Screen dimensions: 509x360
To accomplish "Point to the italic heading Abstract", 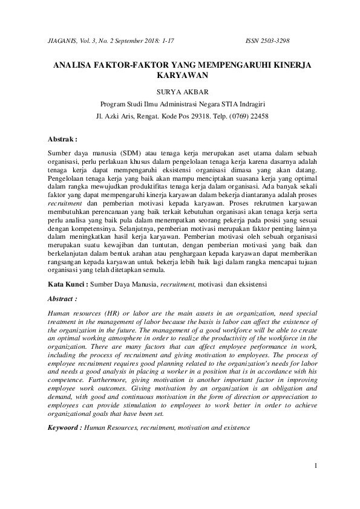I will [62, 298].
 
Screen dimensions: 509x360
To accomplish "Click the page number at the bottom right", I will [315, 466].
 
